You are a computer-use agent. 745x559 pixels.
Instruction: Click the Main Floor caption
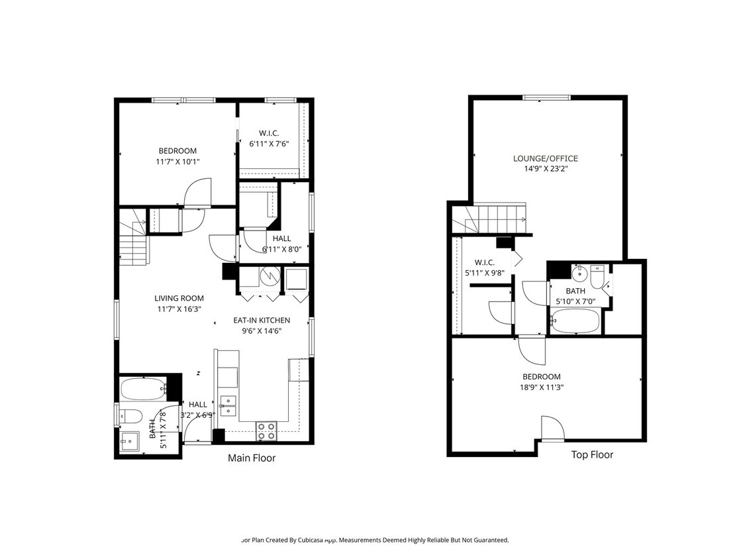252,458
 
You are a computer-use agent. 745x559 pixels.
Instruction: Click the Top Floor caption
592,454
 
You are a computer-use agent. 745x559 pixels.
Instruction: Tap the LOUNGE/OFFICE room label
545,158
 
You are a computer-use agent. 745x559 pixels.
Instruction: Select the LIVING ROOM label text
179,298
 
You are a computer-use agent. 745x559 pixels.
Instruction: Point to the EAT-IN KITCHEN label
262,320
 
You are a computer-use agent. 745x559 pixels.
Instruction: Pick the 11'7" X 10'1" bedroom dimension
177,161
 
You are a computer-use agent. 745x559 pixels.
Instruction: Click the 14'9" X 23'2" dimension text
545,169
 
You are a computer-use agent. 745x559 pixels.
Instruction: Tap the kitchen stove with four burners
266,431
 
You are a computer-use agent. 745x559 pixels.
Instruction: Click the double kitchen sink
228,405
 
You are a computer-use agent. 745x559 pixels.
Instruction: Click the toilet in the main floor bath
130,417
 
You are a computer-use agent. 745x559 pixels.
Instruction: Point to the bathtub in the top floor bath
575,323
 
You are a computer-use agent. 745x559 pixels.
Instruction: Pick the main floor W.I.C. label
269,132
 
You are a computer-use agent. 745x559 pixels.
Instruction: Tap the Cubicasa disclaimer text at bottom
375,540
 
